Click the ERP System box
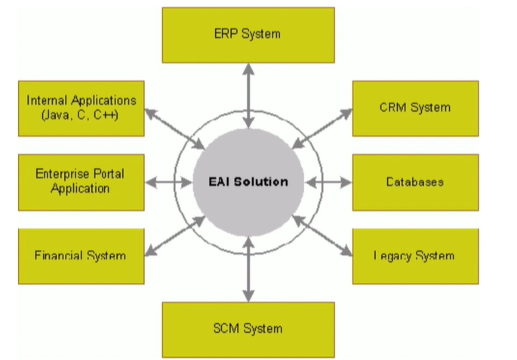248,34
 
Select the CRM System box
415,108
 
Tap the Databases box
415,182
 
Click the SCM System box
248,329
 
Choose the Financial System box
80,256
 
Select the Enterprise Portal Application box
80,182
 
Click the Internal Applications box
80,108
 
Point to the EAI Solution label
248,182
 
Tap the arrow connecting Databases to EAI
329,182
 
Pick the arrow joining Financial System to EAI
174,235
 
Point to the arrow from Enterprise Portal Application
167,182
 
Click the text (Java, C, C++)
81,115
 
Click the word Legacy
392,256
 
